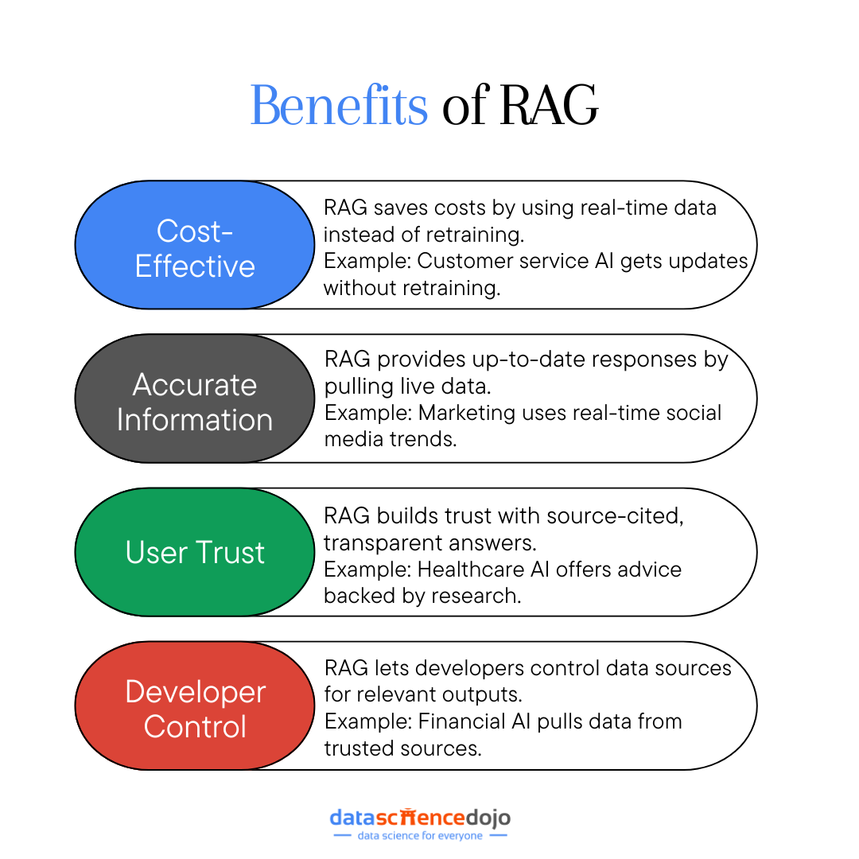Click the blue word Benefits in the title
(x=340, y=106)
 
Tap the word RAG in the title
(x=549, y=106)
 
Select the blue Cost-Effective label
(x=195, y=248)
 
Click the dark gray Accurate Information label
(x=195, y=402)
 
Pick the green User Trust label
(x=195, y=553)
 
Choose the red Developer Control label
(x=195, y=709)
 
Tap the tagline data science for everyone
(x=420, y=836)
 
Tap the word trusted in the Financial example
(x=360, y=748)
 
